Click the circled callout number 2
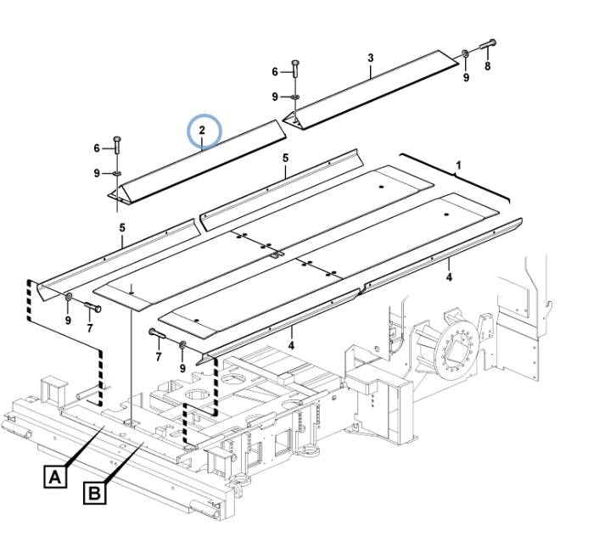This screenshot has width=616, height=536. [x=204, y=131]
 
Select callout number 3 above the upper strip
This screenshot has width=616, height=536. [x=370, y=58]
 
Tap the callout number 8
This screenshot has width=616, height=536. [x=487, y=66]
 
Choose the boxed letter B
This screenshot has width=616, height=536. [x=93, y=493]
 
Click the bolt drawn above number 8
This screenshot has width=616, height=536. [x=487, y=46]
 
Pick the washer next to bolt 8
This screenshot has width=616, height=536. [x=466, y=55]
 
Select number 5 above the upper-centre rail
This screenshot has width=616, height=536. [x=286, y=158]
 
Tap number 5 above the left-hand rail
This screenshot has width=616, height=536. [x=122, y=228]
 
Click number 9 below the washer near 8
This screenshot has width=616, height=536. [x=466, y=78]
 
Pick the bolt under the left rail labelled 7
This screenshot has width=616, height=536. [x=91, y=307]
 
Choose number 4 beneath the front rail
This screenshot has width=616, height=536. [x=291, y=344]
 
